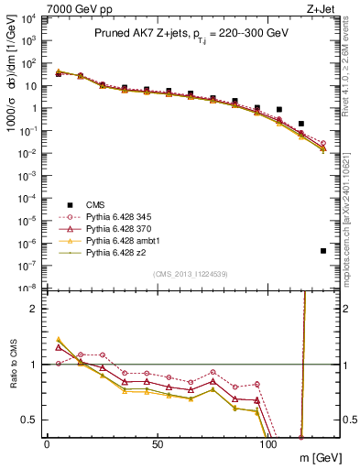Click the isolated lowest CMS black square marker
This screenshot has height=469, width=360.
tap(323, 250)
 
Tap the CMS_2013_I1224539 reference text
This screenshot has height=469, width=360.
tap(191, 274)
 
